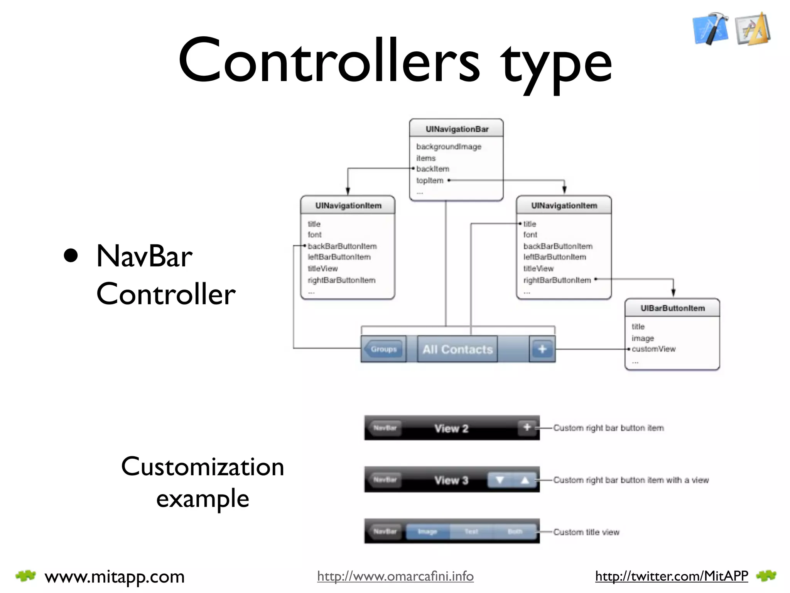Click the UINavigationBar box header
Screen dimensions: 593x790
(456, 129)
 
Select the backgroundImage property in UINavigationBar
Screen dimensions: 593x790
(449, 147)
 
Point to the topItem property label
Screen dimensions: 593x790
(430, 180)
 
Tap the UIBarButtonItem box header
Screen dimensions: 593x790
(672, 308)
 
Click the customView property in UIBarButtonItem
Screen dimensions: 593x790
(653, 349)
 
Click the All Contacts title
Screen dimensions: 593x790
(457, 349)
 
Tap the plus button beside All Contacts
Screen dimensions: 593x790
(542, 349)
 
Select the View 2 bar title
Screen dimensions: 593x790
(451, 429)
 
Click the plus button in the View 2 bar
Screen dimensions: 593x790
(527, 427)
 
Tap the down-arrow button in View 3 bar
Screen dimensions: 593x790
(500, 480)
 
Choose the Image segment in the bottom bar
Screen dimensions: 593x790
(427, 532)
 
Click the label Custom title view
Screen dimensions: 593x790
(586, 532)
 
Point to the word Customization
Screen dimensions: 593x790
(203, 466)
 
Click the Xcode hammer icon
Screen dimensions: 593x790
(711, 29)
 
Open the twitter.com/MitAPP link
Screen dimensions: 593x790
(671, 576)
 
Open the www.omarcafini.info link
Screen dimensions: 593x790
(395, 576)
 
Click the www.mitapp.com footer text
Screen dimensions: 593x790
(115, 577)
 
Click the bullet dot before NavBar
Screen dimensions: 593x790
(71, 255)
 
